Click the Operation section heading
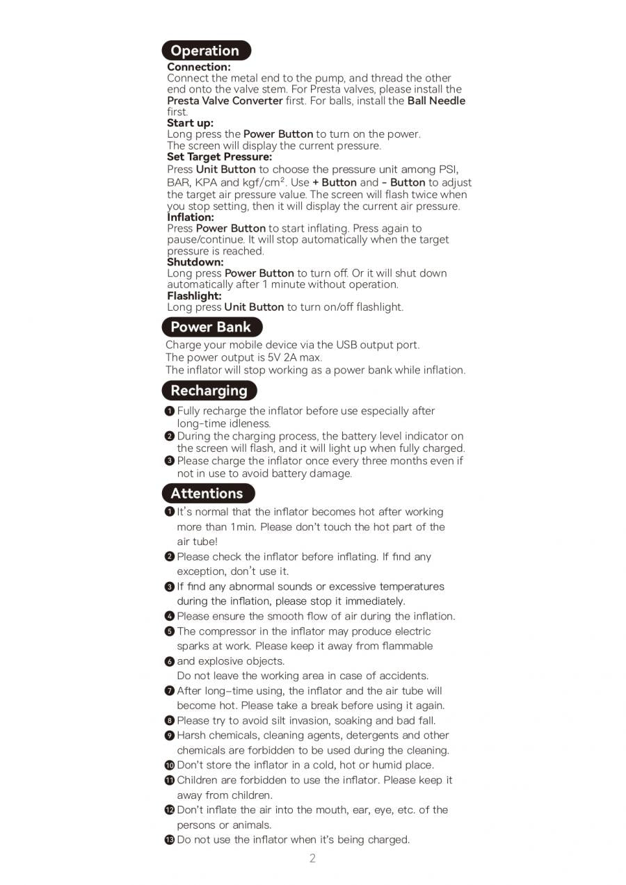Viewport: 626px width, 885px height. (x=205, y=51)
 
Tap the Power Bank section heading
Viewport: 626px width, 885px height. (x=211, y=327)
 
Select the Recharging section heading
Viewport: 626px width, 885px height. (x=209, y=391)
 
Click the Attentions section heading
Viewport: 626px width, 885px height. (x=207, y=494)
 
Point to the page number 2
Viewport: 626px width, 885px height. (x=312, y=859)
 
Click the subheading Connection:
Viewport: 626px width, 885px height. (x=198, y=67)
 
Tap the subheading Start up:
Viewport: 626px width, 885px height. (x=190, y=123)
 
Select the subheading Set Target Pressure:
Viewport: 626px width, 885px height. (x=219, y=157)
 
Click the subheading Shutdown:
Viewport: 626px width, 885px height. (x=195, y=262)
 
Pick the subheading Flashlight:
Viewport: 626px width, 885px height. (x=194, y=296)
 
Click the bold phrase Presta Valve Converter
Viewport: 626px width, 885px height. (x=225, y=101)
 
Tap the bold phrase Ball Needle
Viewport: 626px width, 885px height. (x=436, y=101)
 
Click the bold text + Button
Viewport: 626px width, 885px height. (x=335, y=182)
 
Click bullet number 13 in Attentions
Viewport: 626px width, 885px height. (x=170, y=840)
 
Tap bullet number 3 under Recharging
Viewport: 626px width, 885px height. (x=170, y=461)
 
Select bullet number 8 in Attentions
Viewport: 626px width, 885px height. (x=170, y=721)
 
